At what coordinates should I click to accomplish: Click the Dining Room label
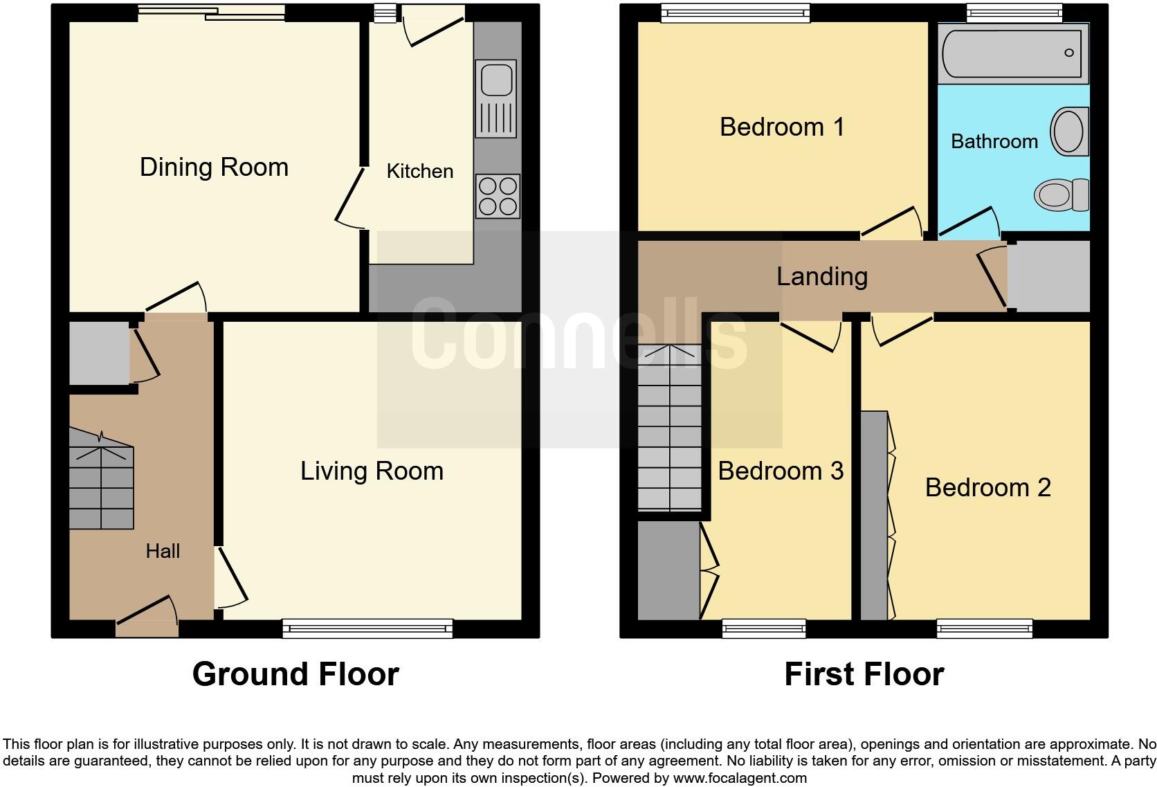pyautogui.click(x=214, y=168)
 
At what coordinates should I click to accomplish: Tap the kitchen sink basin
pyautogui.click(x=495, y=79)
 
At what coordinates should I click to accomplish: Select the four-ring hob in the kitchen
pyautogui.click(x=498, y=197)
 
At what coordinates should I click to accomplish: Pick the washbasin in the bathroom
pyautogui.click(x=1068, y=132)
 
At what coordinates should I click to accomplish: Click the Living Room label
pyautogui.click(x=372, y=471)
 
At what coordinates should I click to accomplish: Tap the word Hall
pyautogui.click(x=163, y=551)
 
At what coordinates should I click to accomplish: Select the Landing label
pyautogui.click(x=821, y=277)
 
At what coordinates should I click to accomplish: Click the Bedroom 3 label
pyautogui.click(x=781, y=471)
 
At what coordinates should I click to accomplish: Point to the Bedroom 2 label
pyautogui.click(x=987, y=488)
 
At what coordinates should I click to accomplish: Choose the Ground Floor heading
pyautogui.click(x=295, y=674)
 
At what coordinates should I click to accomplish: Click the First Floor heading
pyautogui.click(x=864, y=674)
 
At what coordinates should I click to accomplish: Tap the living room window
pyautogui.click(x=367, y=628)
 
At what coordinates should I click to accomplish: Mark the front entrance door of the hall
pyautogui.click(x=147, y=628)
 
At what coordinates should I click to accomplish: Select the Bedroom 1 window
pyautogui.click(x=735, y=12)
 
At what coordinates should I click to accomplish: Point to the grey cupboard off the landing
pyautogui.click(x=1049, y=276)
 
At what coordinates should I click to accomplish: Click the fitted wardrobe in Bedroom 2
pyautogui.click(x=874, y=516)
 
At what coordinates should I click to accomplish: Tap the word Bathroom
pyautogui.click(x=994, y=142)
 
